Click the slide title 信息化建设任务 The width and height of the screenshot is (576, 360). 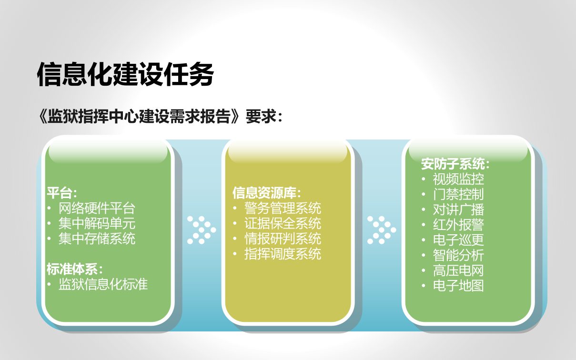point(125,74)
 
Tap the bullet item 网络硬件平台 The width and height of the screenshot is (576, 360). point(97,208)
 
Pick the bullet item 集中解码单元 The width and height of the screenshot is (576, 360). point(97,223)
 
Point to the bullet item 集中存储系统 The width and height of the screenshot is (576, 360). point(97,239)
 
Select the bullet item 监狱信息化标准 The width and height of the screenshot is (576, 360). point(103,284)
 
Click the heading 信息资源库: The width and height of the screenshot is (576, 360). point(267,193)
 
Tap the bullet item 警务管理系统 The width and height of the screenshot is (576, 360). point(283,208)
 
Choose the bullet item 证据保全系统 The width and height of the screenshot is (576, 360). point(283,223)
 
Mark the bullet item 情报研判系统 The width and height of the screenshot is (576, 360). point(283,239)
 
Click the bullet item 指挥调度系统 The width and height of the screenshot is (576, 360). point(283,254)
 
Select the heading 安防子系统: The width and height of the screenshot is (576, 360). point(455,164)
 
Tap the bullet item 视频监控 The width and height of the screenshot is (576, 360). point(458,179)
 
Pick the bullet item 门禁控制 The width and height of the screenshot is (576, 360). point(458,194)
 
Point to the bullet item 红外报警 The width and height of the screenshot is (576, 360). point(458,225)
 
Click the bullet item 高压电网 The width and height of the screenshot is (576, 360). point(458,270)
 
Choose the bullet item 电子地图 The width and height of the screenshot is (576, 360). point(458,286)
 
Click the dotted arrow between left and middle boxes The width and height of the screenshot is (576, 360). point(201,230)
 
